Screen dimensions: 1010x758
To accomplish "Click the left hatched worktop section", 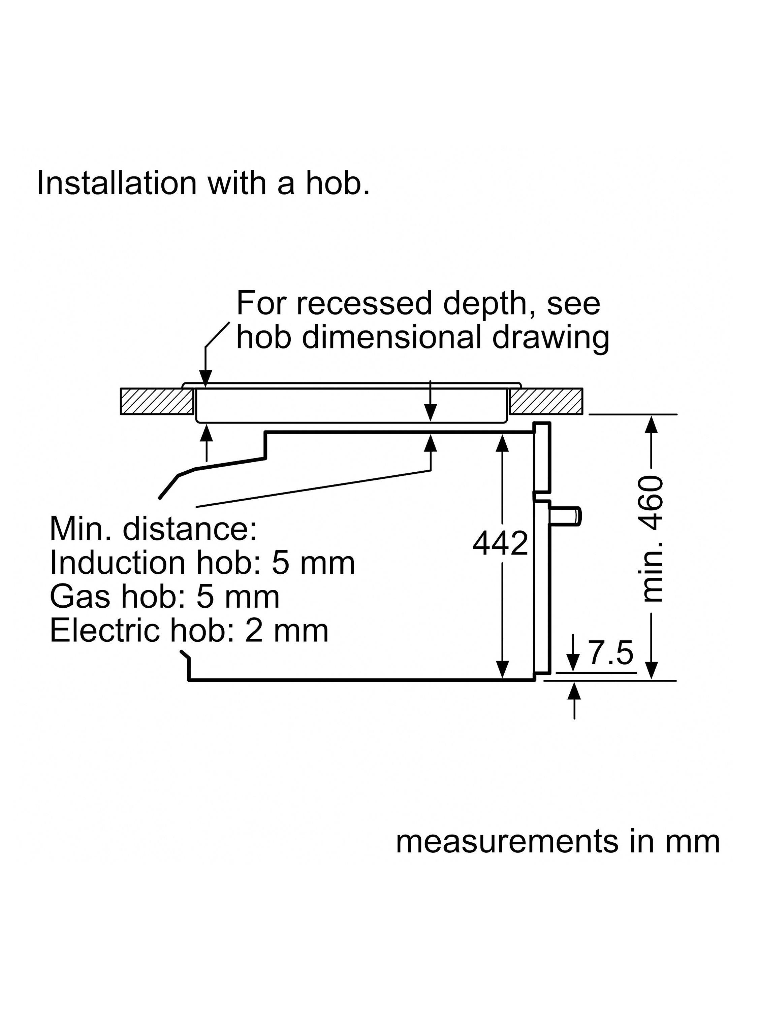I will tap(156, 401).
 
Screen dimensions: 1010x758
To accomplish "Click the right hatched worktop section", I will tap(546, 401).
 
